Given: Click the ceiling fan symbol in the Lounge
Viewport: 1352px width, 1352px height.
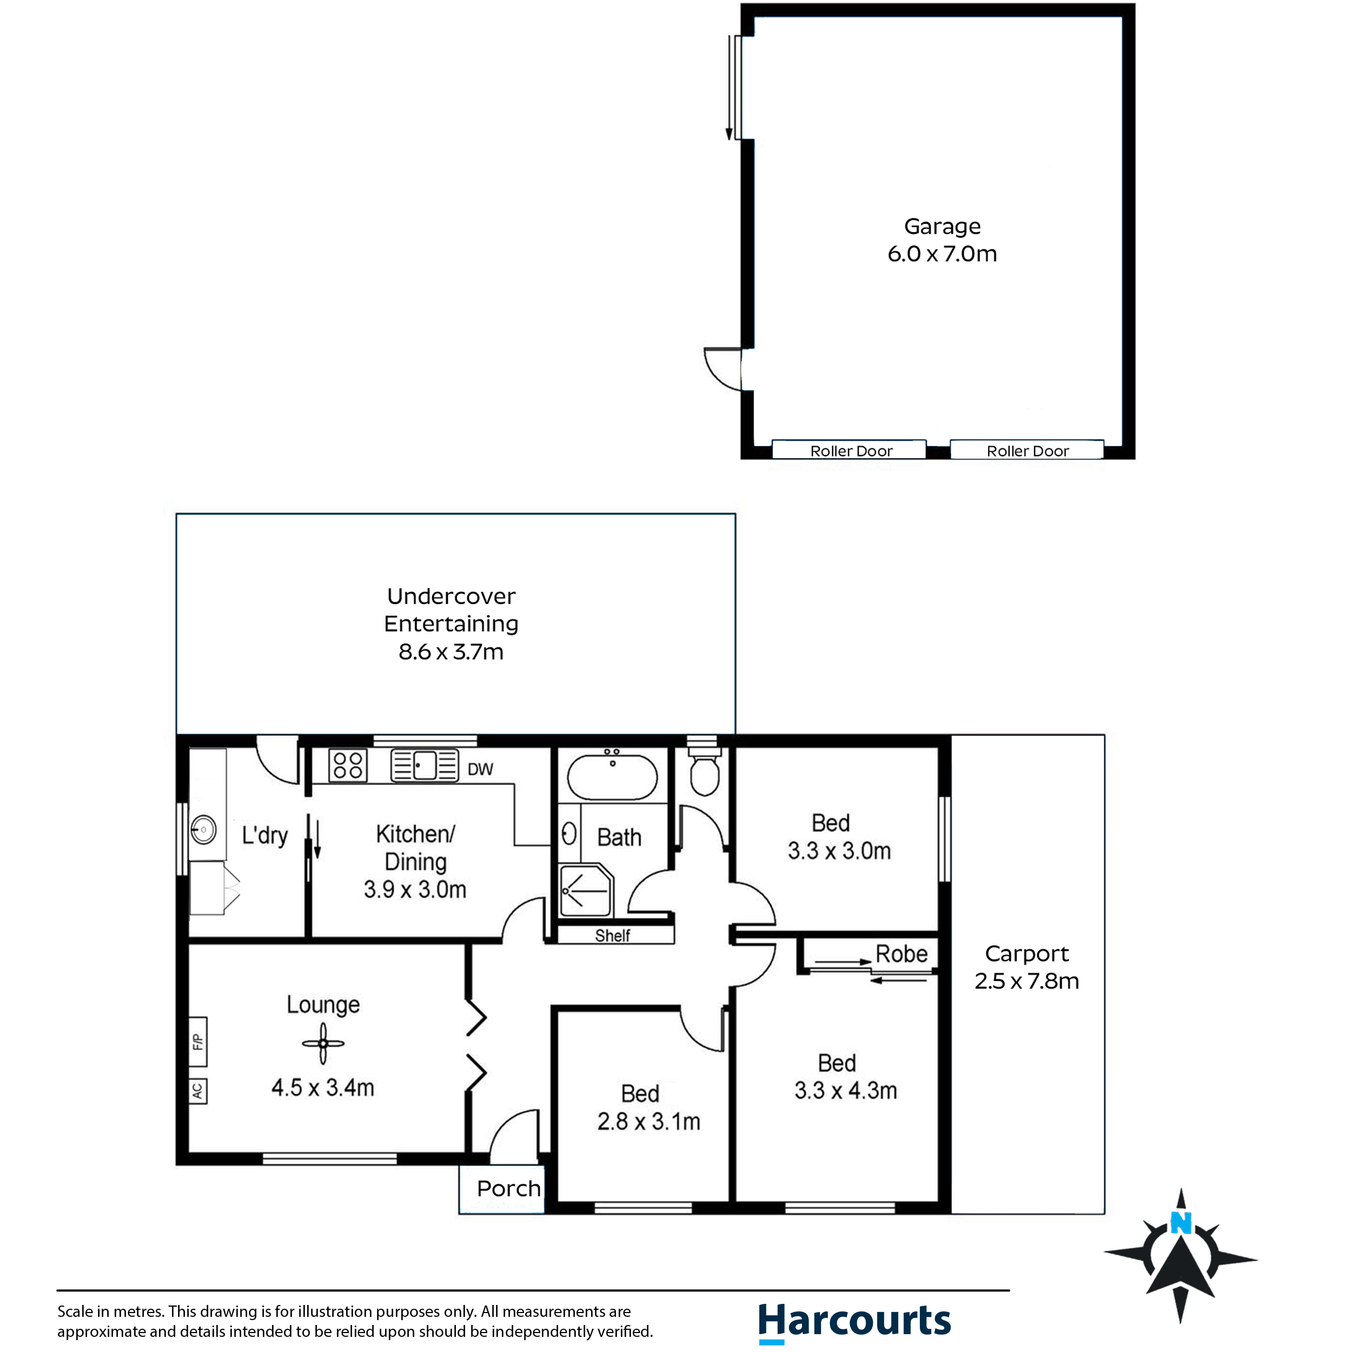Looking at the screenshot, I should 323,1043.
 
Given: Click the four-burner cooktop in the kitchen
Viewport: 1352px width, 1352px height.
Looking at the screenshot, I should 348,765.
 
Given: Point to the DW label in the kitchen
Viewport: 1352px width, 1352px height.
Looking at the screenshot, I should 480,770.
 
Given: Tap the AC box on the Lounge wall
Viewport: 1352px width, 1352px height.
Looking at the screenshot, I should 197,1090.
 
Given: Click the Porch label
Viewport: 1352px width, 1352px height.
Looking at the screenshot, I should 508,1188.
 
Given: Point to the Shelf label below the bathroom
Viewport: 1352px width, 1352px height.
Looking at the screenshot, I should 612,936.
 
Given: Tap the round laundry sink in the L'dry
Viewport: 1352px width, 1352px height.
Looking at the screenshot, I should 203,830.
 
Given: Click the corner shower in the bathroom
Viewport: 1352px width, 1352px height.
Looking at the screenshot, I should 585,891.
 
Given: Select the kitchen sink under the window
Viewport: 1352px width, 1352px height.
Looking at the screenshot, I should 424,765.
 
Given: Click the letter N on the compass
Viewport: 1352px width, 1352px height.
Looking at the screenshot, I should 1181,1223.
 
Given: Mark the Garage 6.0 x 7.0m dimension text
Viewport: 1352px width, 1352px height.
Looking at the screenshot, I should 942,253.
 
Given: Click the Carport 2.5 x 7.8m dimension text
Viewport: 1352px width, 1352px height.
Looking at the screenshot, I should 1026,981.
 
